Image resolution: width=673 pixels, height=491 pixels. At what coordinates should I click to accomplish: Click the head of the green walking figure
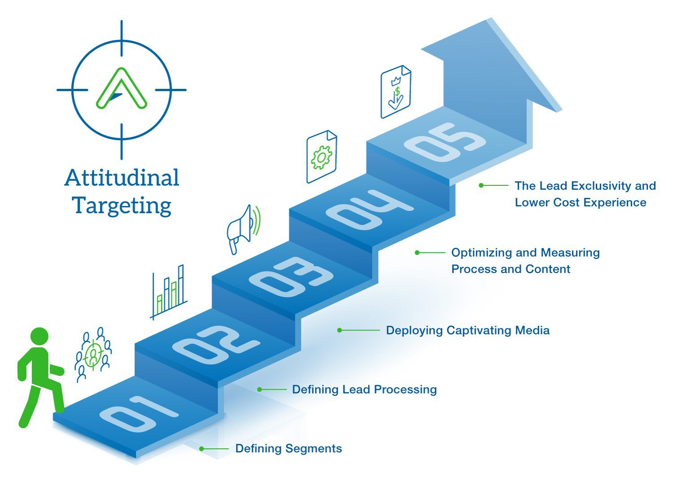click(39, 337)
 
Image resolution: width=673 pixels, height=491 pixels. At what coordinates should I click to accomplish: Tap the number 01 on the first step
click(139, 414)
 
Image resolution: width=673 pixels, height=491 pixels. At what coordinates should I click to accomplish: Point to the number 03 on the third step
click(291, 277)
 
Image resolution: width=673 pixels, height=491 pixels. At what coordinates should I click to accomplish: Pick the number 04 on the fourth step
click(370, 210)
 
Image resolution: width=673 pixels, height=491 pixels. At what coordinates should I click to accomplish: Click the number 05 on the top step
click(445, 142)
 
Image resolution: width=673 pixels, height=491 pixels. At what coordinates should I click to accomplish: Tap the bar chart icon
click(169, 292)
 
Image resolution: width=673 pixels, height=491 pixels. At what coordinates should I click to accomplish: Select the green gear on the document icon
click(322, 157)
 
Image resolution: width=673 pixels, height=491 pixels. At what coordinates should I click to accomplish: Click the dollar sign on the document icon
click(398, 92)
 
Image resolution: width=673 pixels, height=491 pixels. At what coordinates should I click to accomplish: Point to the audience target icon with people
click(93, 355)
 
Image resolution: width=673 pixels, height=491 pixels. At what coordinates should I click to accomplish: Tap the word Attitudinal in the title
click(122, 178)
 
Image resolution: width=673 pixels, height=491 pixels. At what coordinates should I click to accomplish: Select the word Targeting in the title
click(122, 206)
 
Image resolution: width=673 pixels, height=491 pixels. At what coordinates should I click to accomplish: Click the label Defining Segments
click(288, 449)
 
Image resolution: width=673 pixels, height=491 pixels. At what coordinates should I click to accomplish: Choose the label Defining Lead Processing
click(364, 390)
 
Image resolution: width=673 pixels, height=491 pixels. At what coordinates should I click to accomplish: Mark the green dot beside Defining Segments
click(201, 449)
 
